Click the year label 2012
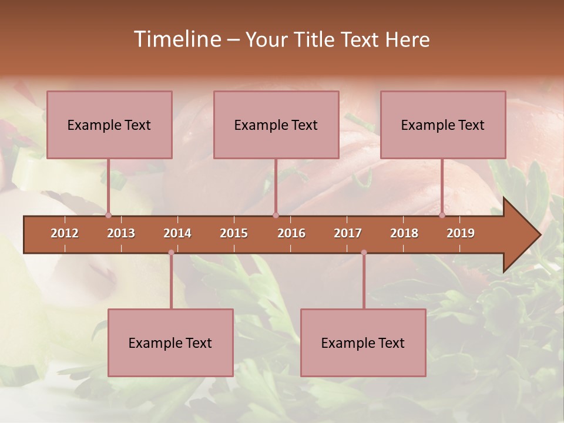tap(65, 233)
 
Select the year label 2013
tap(121, 233)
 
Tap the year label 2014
tap(177, 233)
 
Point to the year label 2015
tap(234, 233)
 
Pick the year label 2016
tap(291, 233)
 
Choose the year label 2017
tap(348, 233)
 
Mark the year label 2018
tap(404, 233)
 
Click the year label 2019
tap(461, 233)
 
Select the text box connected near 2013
tap(109, 125)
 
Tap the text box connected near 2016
tap(276, 125)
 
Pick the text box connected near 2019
tap(443, 125)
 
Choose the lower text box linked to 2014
tap(170, 343)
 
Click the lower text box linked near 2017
tap(363, 343)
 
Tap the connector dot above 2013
tap(109, 215)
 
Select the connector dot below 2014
tap(171, 253)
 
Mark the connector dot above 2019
tap(442, 215)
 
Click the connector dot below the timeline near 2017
tap(364, 253)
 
